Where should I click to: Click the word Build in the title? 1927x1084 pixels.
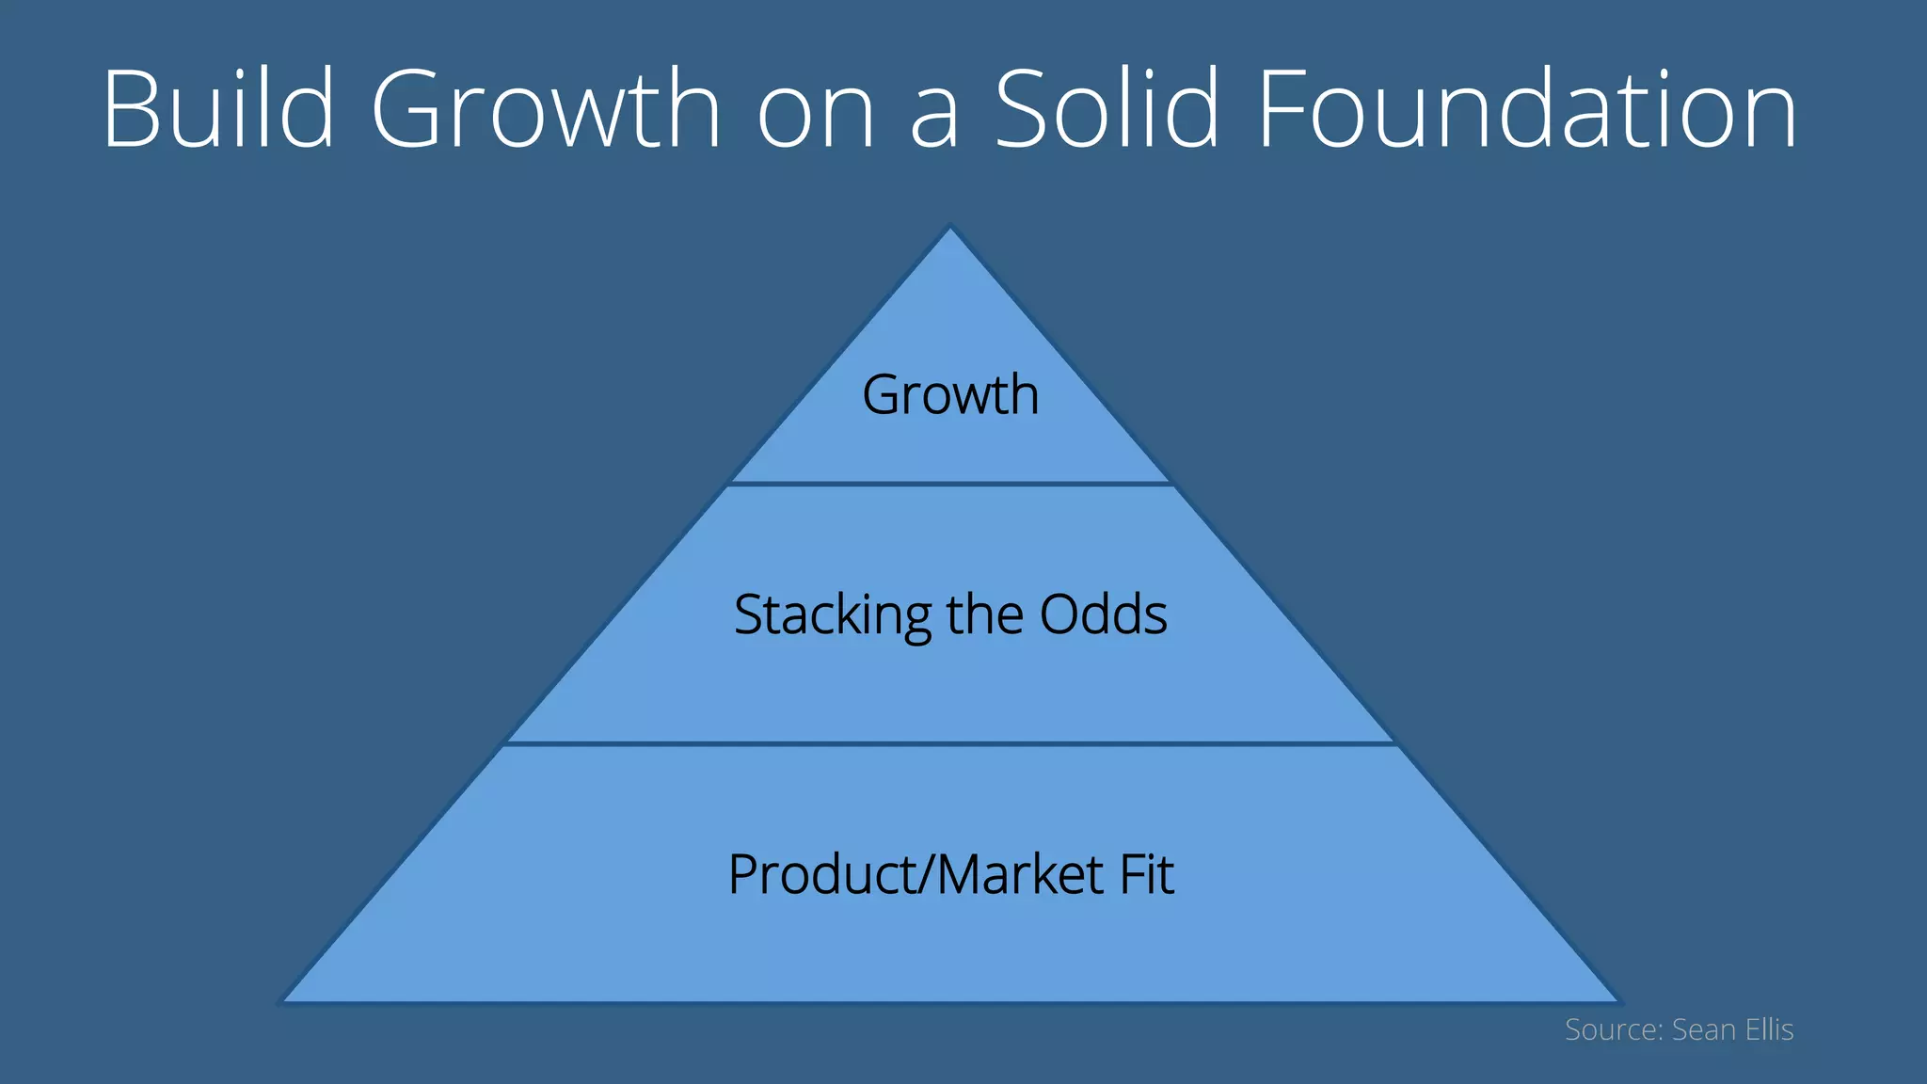click(x=218, y=108)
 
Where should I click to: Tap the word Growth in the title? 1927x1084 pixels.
click(x=546, y=108)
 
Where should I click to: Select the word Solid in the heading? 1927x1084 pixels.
click(x=1107, y=108)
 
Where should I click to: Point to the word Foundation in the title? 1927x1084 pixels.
click(x=1526, y=108)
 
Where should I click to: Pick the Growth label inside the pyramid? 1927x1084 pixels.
click(x=950, y=394)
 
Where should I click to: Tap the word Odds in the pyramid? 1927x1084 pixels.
click(x=1103, y=614)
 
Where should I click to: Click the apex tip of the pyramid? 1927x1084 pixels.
click(x=950, y=229)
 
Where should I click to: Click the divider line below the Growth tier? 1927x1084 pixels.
click(x=950, y=484)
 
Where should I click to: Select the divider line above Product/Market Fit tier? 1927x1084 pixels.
click(x=950, y=743)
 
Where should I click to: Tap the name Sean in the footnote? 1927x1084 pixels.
click(x=1703, y=1029)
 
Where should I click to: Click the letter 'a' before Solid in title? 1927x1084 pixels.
click(x=934, y=118)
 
